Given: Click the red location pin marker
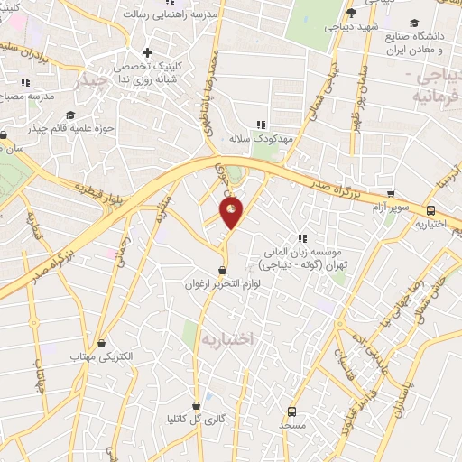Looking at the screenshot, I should (x=231, y=213).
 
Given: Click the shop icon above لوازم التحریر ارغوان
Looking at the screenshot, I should (x=223, y=270).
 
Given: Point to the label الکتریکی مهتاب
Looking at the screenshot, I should (x=102, y=356).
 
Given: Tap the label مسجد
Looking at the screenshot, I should (x=292, y=423).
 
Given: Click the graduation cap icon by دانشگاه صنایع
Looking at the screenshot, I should (x=414, y=23).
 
